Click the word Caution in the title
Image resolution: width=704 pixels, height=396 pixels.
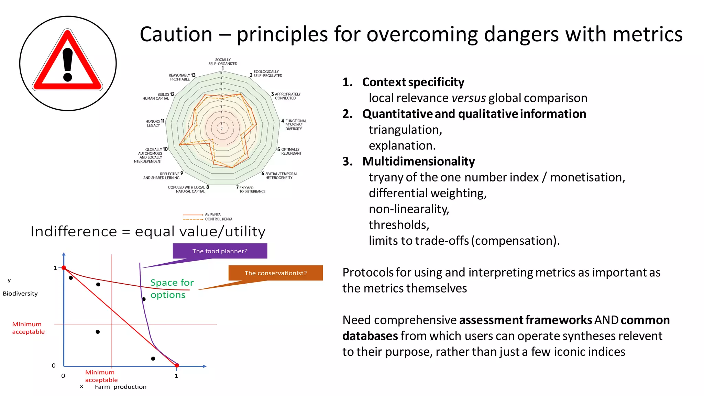click(176, 34)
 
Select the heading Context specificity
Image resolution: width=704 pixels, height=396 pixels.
click(413, 82)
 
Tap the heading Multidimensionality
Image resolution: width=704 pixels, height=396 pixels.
click(418, 161)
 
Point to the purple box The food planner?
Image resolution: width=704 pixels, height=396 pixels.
click(220, 251)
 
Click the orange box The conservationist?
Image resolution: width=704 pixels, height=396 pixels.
click(275, 273)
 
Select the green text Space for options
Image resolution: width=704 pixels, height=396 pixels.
click(172, 288)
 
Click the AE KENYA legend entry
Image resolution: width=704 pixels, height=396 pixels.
click(212, 214)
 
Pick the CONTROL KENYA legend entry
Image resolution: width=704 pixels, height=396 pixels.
click(218, 219)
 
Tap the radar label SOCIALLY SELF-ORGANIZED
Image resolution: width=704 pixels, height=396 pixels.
click(223, 62)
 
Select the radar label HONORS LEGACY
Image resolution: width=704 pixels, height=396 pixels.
click(154, 123)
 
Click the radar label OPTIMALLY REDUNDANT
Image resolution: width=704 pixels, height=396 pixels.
click(290, 151)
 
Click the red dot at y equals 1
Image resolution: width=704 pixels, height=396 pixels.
click(64, 267)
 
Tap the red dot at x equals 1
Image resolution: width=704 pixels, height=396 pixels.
click(177, 365)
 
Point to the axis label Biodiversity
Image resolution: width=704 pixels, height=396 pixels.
click(20, 294)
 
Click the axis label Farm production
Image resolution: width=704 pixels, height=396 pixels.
click(120, 387)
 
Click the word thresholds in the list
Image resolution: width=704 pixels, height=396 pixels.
click(399, 225)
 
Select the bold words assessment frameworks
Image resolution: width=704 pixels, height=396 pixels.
click(525, 320)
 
